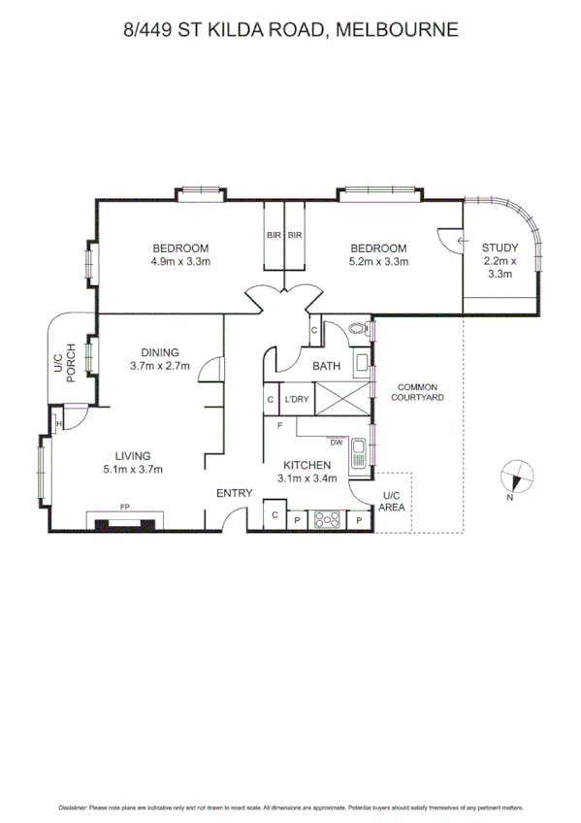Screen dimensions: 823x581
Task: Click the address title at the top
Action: [290, 30]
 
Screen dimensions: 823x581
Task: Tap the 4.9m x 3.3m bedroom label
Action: [180, 254]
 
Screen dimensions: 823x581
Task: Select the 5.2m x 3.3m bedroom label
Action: [378, 254]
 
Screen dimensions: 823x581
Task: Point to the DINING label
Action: [159, 359]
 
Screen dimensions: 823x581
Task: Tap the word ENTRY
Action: [234, 493]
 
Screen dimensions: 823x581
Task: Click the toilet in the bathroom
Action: [358, 330]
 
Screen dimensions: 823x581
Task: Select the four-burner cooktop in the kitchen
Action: [328, 519]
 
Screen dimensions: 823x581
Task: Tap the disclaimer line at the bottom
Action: [290, 807]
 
